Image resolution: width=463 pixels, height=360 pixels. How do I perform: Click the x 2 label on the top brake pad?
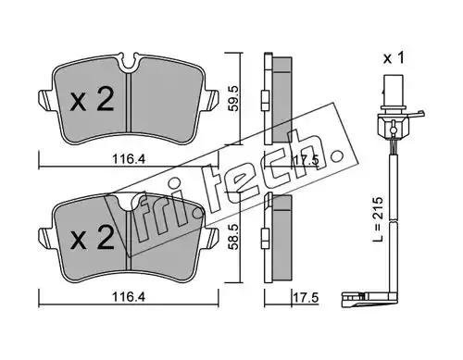[92, 99]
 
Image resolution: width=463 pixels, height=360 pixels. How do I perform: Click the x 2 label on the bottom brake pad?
[92, 237]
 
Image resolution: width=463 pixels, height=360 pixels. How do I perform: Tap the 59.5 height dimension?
[233, 98]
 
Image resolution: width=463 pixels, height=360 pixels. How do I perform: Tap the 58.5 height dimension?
[233, 237]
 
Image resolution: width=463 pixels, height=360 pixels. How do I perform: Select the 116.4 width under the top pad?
[129, 159]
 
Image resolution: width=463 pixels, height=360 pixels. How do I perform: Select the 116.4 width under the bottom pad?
[129, 297]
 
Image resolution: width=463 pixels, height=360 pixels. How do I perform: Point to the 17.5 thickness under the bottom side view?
[305, 298]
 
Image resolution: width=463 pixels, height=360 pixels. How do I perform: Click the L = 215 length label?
[378, 219]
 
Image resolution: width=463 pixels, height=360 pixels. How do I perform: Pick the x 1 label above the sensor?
[394, 58]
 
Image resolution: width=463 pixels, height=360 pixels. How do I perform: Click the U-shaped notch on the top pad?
[129, 64]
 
